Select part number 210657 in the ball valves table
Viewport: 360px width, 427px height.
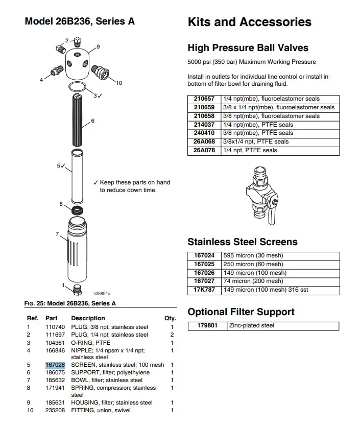coord(204,99)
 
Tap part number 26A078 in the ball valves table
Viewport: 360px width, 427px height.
coord(204,151)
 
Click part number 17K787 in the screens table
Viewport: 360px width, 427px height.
coord(204,290)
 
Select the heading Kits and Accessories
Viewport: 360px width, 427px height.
coord(249,22)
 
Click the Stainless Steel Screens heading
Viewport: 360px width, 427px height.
coord(242,242)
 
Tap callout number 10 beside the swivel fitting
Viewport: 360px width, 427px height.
coord(119,82)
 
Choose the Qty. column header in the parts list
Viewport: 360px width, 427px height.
coord(170,318)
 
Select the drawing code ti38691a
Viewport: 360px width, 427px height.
coord(102,293)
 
